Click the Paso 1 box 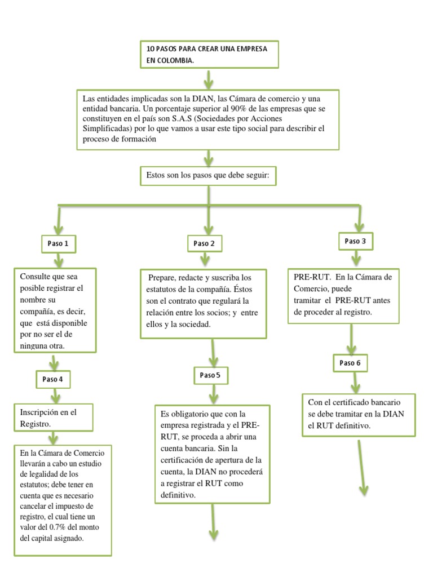(59, 243)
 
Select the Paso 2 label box (205, 243)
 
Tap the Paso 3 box (356, 241)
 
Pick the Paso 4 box (53, 379)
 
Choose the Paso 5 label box (211, 375)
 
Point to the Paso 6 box (350, 363)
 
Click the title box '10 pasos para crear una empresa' (209, 55)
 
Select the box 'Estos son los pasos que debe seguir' (208, 176)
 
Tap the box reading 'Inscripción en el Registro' (54, 418)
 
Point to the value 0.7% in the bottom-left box (57, 527)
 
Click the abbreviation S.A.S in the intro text (182, 118)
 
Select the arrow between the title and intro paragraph (209, 79)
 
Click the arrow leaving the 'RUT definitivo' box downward (361, 468)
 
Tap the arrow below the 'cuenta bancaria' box (213, 522)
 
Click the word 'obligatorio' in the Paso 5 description (201, 414)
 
